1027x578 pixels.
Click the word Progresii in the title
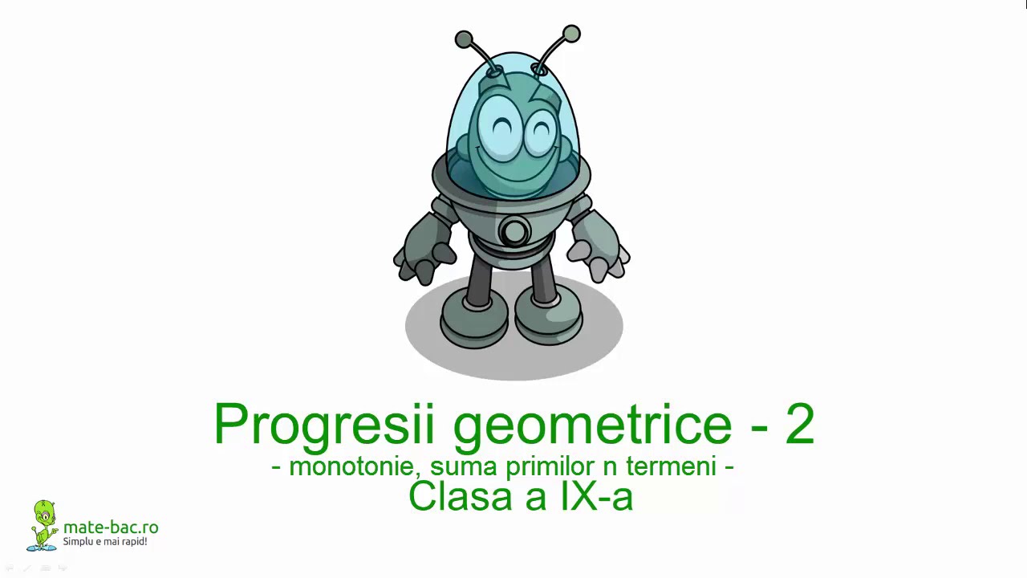[326, 424]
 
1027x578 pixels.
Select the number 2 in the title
[799, 424]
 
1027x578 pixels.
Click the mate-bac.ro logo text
[111, 527]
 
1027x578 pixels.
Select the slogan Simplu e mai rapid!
[105, 542]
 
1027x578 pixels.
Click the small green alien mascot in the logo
[43, 525]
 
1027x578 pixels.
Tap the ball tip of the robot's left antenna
[464, 39]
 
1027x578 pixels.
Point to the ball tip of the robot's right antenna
[571, 34]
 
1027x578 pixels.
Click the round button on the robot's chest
[513, 232]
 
